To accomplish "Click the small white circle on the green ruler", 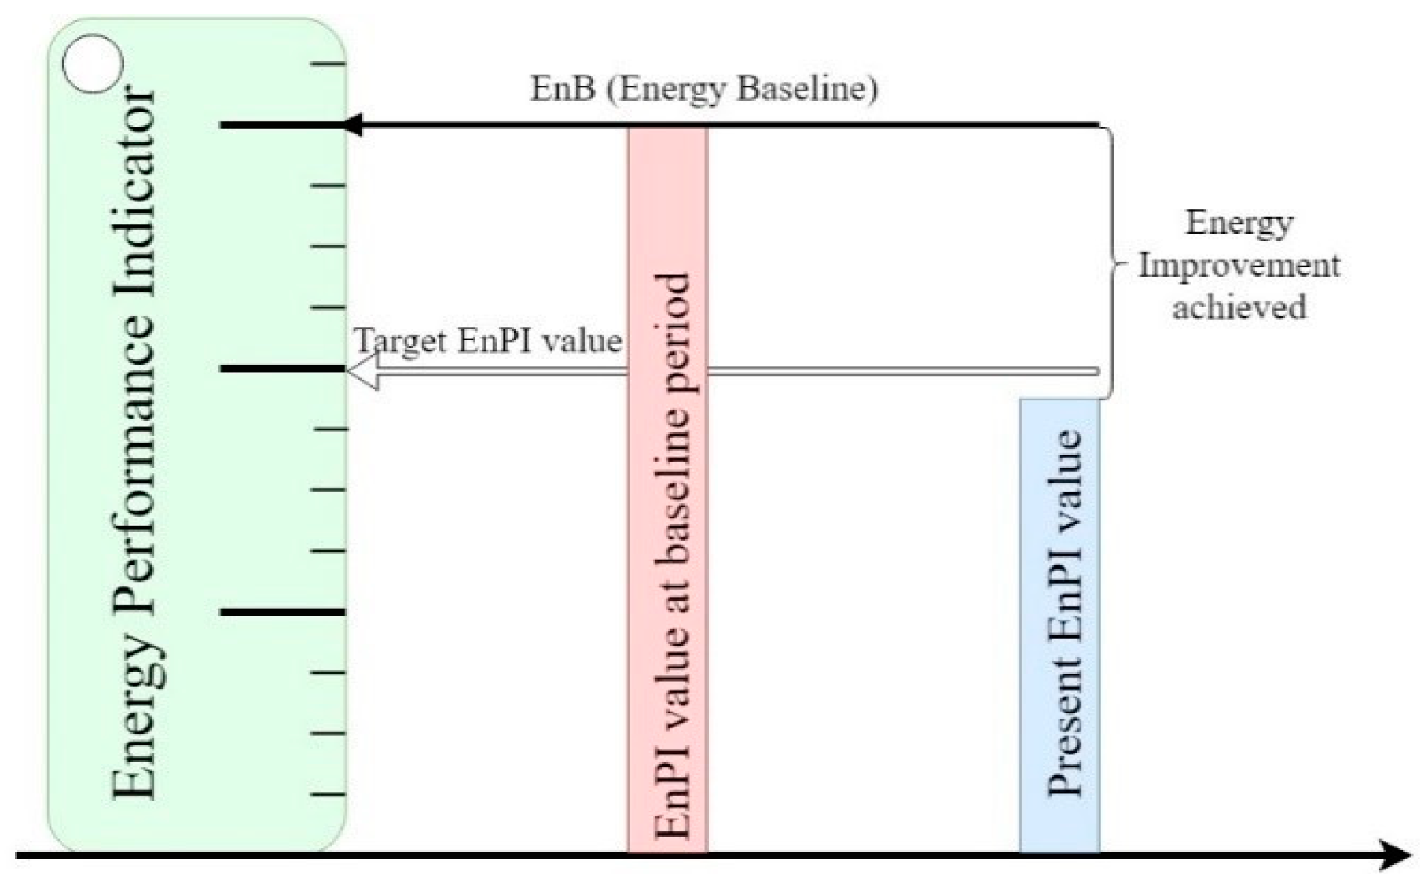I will (x=92, y=64).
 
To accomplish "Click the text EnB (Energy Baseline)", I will (x=704, y=88).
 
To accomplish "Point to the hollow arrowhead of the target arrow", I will (x=362, y=370).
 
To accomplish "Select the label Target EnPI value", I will (x=488, y=341).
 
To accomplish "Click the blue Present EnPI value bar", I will (x=1059, y=625).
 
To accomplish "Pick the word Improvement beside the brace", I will (x=1239, y=265).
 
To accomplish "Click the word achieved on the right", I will (x=1239, y=307).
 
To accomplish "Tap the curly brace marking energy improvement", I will (x=1110, y=263).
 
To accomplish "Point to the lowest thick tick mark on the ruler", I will (x=282, y=612).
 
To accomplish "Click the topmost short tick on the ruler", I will (x=329, y=64).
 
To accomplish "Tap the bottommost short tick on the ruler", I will (x=329, y=794).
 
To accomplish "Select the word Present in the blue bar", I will (x=1064, y=735).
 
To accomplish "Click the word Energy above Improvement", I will (x=1239, y=223).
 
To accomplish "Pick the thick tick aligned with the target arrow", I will (x=282, y=368).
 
